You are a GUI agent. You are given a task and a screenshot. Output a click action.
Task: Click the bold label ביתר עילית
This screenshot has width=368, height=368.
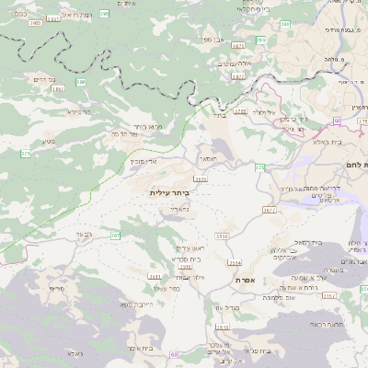(167, 193)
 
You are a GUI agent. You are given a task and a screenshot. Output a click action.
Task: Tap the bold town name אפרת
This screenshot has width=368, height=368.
(245, 279)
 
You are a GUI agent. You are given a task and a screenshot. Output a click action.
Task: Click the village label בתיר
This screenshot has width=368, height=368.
(218, 116)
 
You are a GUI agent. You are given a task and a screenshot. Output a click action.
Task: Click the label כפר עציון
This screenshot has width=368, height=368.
(192, 289)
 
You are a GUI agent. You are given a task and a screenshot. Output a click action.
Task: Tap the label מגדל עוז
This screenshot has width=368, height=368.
(226, 307)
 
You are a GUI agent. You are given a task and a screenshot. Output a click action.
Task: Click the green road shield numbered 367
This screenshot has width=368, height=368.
(116, 236)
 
